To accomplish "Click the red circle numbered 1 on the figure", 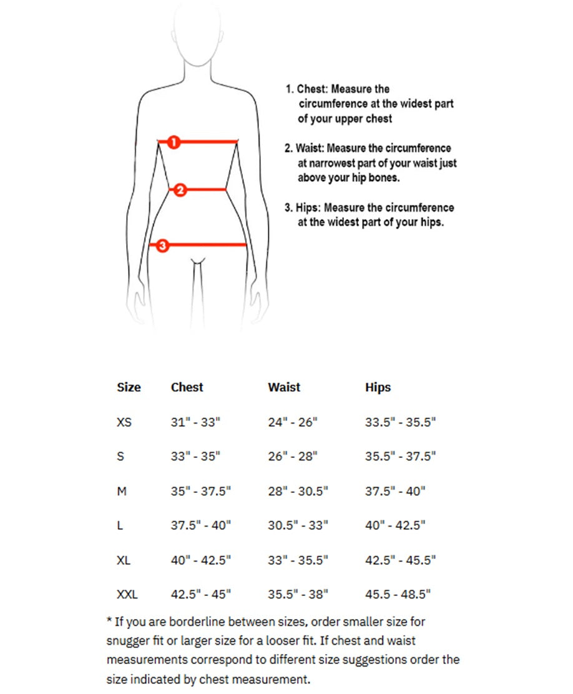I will pyautogui.click(x=174, y=142).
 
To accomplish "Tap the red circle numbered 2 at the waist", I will pyautogui.click(x=180, y=190).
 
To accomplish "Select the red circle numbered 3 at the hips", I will pyautogui.click(x=162, y=245).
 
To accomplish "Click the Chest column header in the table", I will pyautogui.click(x=187, y=387).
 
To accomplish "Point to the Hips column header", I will pyautogui.click(x=378, y=387).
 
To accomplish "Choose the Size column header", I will pyautogui.click(x=129, y=387).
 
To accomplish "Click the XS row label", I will pyautogui.click(x=124, y=422).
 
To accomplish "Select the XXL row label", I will pyautogui.click(x=127, y=593).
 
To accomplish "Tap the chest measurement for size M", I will pyautogui.click(x=200, y=491).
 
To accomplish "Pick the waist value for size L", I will pyautogui.click(x=298, y=525).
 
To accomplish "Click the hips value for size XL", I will pyautogui.click(x=400, y=560).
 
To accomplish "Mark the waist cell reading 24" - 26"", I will pyautogui.click(x=293, y=422).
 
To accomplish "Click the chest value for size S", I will pyautogui.click(x=195, y=457).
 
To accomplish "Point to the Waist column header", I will pyautogui.click(x=284, y=387).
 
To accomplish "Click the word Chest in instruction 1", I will pyautogui.click(x=311, y=89).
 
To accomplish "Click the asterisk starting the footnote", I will pyautogui.click(x=110, y=622).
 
